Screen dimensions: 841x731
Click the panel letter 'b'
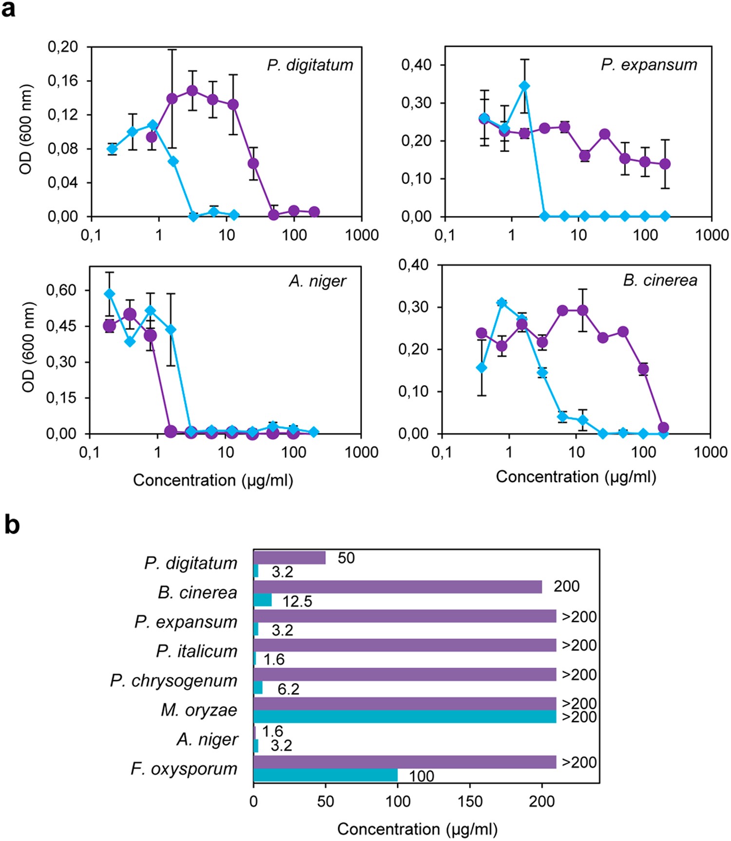click(x=12, y=525)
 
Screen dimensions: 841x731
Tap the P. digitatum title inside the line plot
click(x=310, y=65)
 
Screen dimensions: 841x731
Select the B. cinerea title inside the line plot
click(x=660, y=280)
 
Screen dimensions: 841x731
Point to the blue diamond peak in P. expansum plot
click(x=524, y=86)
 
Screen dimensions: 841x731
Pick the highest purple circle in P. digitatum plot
click(x=192, y=91)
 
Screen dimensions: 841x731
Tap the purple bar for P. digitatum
click(x=289, y=558)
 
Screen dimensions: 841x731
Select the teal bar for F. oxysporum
click(x=325, y=775)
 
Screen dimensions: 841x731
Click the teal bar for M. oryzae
click(x=404, y=717)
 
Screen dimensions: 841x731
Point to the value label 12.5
click(x=297, y=602)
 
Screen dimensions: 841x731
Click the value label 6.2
click(x=288, y=689)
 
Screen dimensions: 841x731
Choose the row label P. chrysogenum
click(x=173, y=681)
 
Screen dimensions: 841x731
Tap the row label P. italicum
click(x=196, y=651)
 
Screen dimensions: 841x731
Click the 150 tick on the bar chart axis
click(x=470, y=802)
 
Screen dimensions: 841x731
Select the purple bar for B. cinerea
click(x=397, y=587)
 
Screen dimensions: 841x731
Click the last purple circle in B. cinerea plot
click(x=663, y=428)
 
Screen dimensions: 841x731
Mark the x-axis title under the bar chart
click(x=417, y=829)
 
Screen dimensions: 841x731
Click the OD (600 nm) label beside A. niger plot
click(x=28, y=347)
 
